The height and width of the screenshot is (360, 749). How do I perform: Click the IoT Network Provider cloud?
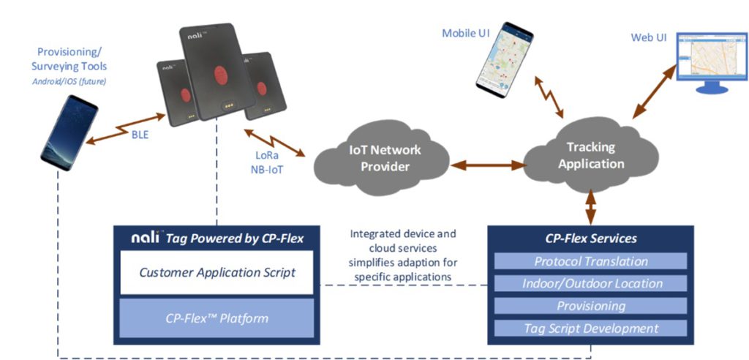pyautogui.click(x=384, y=159)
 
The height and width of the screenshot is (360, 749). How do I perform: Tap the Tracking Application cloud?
pyautogui.click(x=591, y=155)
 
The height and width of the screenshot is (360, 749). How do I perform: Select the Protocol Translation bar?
pyautogui.click(x=590, y=261)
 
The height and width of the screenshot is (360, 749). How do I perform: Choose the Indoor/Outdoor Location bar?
pyautogui.click(x=590, y=283)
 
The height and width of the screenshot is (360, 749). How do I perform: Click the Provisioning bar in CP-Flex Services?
pyautogui.click(x=590, y=306)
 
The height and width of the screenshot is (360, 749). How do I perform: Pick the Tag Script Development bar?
pyautogui.click(x=590, y=329)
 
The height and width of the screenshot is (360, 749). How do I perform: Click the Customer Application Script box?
pyautogui.click(x=217, y=272)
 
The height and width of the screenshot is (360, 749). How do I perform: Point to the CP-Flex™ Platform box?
pyautogui.click(x=217, y=318)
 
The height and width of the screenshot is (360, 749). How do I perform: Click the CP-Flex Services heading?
pyautogui.click(x=590, y=239)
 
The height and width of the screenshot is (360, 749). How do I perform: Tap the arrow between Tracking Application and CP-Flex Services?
pyautogui.click(x=590, y=206)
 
